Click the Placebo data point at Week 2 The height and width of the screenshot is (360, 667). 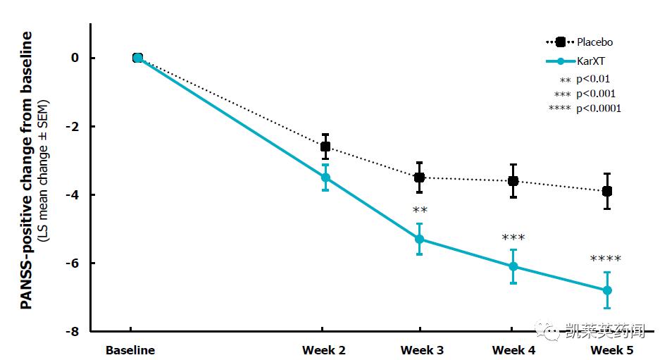(x=325, y=147)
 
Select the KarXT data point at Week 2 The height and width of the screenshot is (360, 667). (x=325, y=178)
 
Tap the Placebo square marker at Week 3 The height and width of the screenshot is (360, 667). (x=420, y=178)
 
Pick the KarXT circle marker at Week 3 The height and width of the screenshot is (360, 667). (x=420, y=239)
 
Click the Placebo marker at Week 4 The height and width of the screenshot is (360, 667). (x=513, y=181)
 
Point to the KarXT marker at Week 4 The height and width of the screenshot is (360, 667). (x=513, y=266)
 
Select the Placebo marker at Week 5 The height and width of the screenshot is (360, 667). (x=607, y=191)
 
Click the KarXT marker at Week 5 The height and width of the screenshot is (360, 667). (x=607, y=290)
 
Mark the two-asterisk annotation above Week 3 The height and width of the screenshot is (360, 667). (x=420, y=210)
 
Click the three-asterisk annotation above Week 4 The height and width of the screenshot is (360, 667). (x=513, y=238)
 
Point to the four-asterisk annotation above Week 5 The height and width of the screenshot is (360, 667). (x=606, y=259)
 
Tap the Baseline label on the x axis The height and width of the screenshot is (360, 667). (x=130, y=350)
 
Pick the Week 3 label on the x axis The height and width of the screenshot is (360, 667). (x=422, y=350)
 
